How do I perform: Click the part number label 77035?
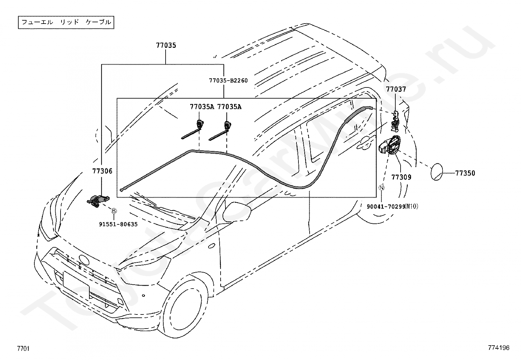click(x=166, y=46)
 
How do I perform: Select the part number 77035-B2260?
click(x=228, y=81)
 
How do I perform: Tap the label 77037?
click(x=396, y=89)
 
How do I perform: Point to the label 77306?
click(x=102, y=171)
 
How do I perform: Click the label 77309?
click(x=402, y=177)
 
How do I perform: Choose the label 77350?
click(x=465, y=173)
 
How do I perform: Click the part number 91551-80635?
click(x=118, y=224)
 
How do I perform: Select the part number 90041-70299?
click(x=386, y=207)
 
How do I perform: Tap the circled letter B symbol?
click(x=114, y=211)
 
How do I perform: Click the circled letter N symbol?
click(x=382, y=187)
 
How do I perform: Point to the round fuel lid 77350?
click(x=437, y=172)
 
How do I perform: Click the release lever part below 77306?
click(x=98, y=200)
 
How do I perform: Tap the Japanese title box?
click(x=66, y=22)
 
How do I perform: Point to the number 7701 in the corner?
click(x=23, y=349)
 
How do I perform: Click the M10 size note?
click(x=411, y=206)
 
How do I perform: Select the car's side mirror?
click(x=237, y=212)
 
